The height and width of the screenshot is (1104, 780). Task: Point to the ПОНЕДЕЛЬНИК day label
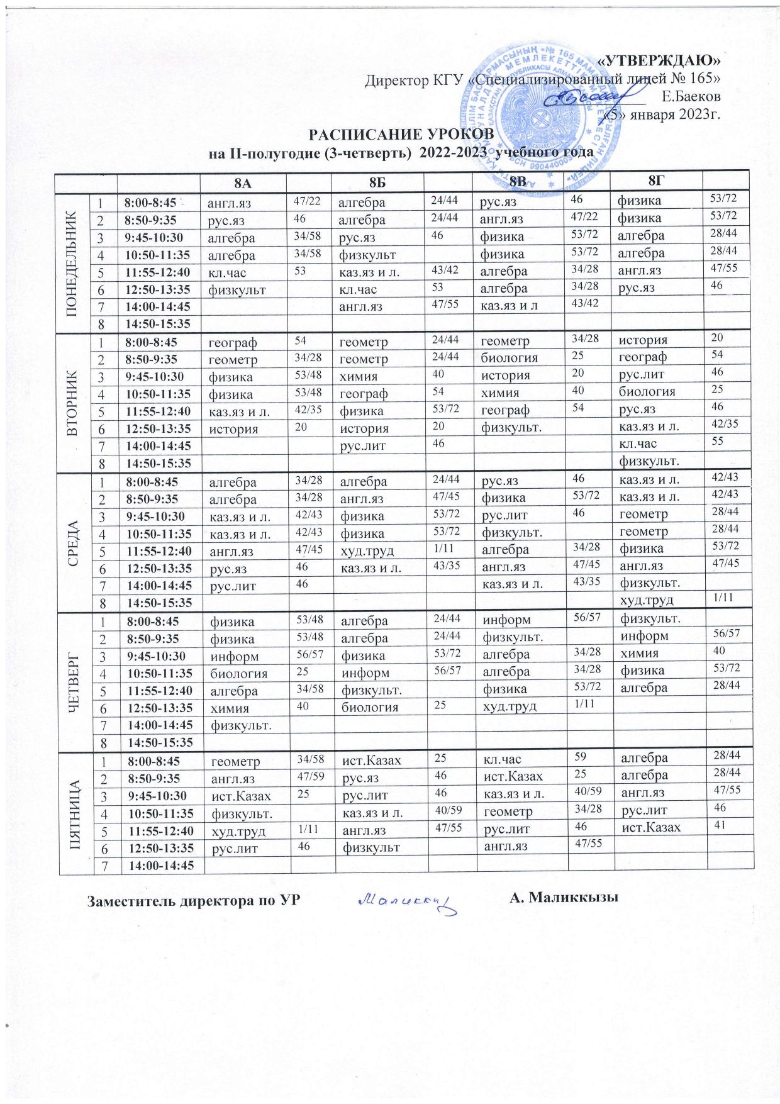pos(74,262)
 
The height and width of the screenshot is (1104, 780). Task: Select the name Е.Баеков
pos(692,97)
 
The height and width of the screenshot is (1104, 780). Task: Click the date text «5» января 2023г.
pos(662,114)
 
